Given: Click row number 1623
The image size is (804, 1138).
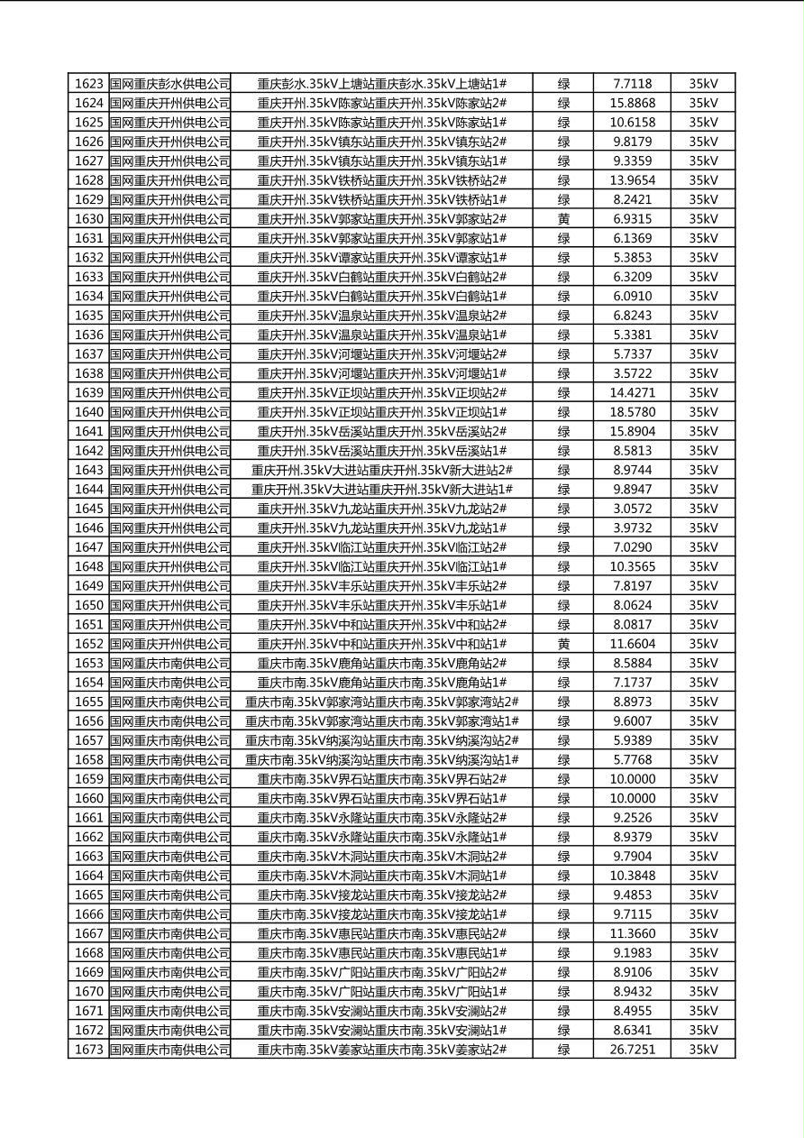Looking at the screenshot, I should [88, 84].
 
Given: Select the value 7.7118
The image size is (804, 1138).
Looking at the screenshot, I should [632, 84].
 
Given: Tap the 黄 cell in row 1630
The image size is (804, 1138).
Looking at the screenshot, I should [563, 219].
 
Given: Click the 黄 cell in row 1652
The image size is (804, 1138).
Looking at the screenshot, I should [563, 644].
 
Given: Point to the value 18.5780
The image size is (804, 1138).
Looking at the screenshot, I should [632, 412].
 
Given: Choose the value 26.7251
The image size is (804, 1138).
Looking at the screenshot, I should [632, 1050].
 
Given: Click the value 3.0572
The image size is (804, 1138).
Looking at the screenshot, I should [632, 509].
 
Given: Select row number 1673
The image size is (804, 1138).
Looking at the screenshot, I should [88, 1050].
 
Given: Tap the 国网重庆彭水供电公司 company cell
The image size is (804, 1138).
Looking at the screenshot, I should [169, 84].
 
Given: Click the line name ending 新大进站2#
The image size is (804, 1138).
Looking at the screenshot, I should [381, 470].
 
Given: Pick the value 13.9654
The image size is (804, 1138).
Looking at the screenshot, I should [632, 180].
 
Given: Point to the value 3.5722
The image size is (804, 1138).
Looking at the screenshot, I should [632, 373].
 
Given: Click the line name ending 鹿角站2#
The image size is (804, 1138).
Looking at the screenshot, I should [381, 663].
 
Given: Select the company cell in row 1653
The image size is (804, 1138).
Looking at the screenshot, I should [169, 663].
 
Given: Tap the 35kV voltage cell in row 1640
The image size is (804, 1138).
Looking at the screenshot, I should [703, 412].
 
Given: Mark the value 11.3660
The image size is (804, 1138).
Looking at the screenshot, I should [632, 933].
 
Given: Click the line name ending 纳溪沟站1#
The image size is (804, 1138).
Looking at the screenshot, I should [381, 759].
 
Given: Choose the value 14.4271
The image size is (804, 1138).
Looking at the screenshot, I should [632, 392].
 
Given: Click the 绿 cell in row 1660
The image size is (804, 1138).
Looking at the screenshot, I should [563, 798].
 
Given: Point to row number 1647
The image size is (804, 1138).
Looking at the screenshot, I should [88, 547].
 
